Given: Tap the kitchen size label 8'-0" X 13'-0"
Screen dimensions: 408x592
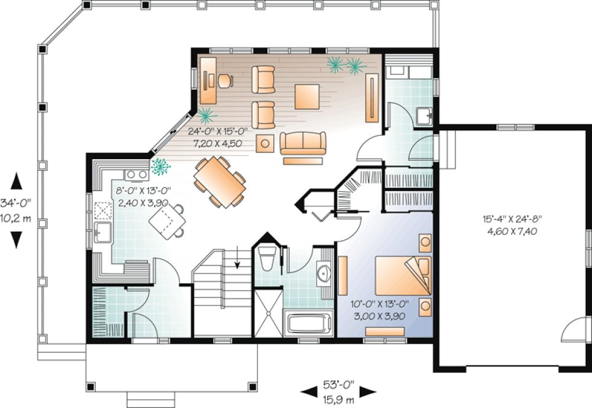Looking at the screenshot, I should (x=144, y=190).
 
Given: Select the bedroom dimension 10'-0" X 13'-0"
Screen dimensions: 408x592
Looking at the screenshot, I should (x=380, y=304).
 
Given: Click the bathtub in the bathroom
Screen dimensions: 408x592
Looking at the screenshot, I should (x=308, y=323).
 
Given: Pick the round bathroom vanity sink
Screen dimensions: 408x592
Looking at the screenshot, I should (x=324, y=274).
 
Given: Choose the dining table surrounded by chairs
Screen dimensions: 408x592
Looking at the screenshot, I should (x=219, y=181).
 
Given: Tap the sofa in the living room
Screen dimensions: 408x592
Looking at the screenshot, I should (x=302, y=144).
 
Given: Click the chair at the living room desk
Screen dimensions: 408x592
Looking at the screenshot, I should (x=224, y=79).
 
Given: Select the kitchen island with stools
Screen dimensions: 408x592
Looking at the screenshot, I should (x=166, y=219).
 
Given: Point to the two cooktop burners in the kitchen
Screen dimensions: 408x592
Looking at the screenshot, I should (x=136, y=174).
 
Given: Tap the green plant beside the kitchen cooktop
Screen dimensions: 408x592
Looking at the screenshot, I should (x=162, y=165).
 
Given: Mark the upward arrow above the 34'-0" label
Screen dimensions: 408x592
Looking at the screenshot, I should (x=17, y=182).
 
